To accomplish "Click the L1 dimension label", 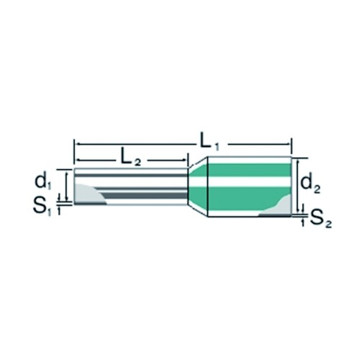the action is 210,143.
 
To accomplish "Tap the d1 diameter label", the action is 43,182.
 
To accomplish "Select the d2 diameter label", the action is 310,184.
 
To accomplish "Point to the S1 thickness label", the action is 42,207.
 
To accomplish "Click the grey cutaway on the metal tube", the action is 88,194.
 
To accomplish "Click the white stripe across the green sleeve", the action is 249,181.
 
